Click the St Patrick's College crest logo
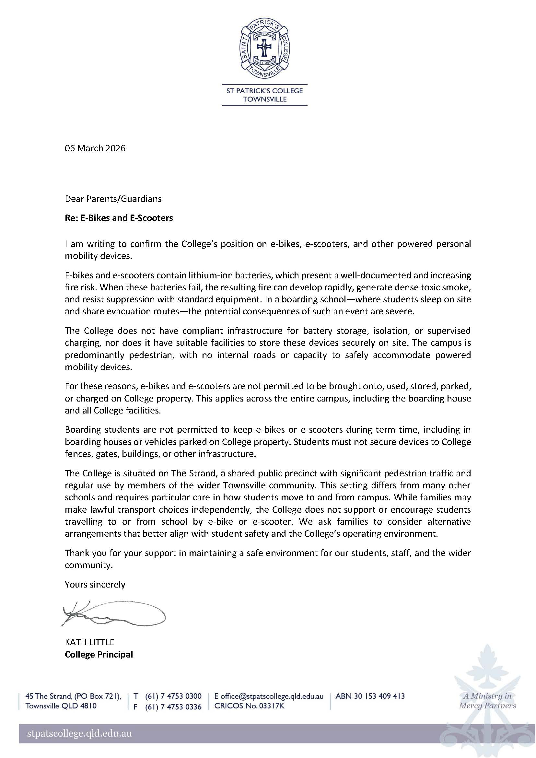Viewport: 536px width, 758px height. coord(264,48)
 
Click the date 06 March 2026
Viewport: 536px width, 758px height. coord(95,148)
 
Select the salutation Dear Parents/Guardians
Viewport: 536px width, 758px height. coord(113,199)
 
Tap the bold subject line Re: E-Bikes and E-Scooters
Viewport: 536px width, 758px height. coord(119,218)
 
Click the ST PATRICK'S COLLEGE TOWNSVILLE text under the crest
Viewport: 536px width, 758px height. coord(264,95)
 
